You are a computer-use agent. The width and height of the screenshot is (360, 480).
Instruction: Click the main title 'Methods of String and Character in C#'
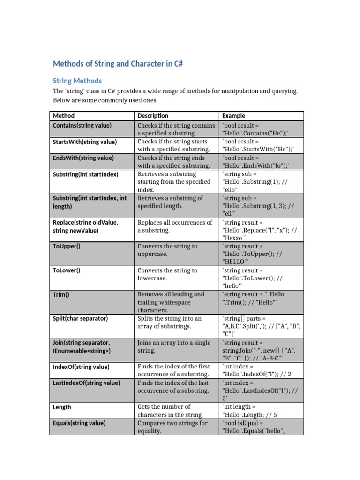(117, 64)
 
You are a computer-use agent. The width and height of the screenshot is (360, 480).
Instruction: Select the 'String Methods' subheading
(77, 81)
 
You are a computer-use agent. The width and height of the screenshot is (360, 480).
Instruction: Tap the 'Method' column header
(64, 116)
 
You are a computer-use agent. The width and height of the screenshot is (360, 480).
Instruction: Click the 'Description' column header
(153, 116)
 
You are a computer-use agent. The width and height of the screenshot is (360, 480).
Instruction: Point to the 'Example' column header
(233, 116)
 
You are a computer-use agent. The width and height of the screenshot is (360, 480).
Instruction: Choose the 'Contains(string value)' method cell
(82, 126)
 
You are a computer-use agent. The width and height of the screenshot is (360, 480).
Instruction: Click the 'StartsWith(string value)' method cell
(85, 142)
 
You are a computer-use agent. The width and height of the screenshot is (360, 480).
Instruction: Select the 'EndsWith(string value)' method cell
(83, 158)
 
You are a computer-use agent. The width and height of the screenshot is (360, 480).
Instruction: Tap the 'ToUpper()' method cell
(67, 246)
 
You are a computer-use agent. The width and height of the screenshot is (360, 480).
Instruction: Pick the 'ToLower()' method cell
(67, 270)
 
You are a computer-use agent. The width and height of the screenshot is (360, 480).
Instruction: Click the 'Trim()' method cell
(61, 294)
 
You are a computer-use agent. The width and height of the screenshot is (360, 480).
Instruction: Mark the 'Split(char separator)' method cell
(80, 318)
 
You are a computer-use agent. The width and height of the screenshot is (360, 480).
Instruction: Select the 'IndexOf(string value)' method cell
(81, 367)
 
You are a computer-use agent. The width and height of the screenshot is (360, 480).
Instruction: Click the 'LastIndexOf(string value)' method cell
(87, 383)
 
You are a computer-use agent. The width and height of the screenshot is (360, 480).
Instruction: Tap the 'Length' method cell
(62, 407)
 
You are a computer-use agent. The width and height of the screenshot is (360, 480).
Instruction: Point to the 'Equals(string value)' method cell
(80, 423)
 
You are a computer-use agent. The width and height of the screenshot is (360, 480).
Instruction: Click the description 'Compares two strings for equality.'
(172, 427)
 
